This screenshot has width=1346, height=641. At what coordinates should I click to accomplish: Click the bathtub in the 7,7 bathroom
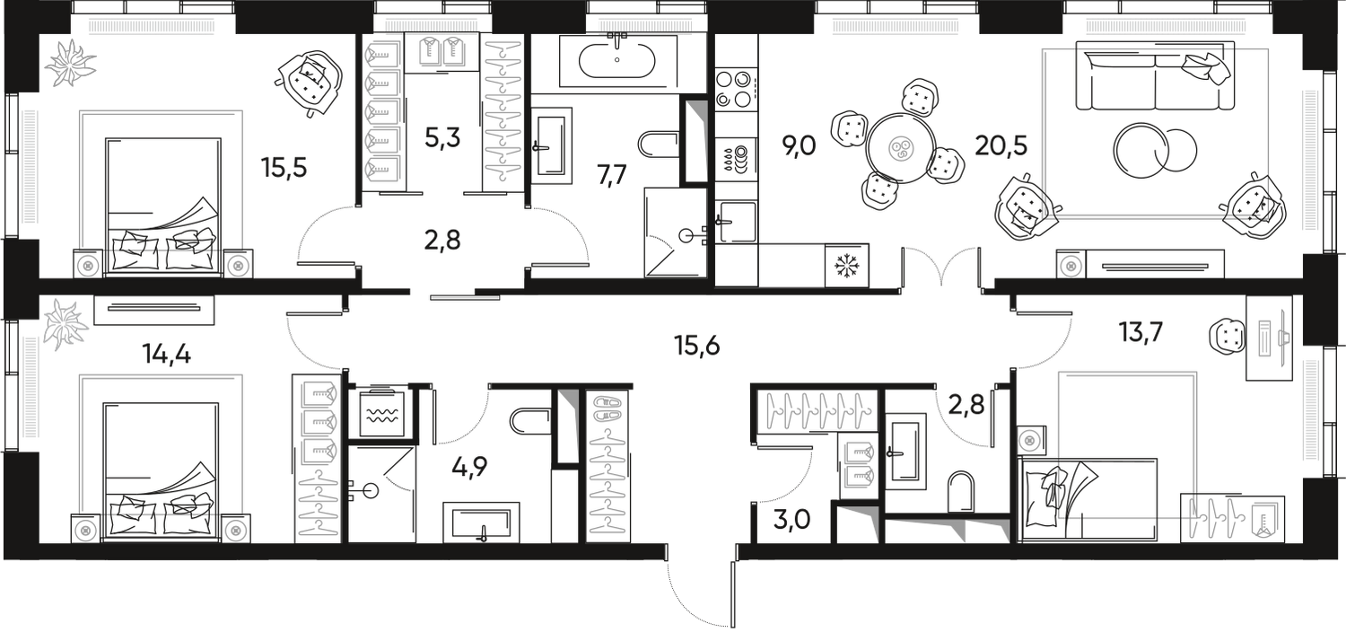pos(617,60)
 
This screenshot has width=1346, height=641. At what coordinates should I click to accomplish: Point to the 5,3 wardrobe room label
pos(441,140)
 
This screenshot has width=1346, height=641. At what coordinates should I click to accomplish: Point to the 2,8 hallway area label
pos(443,243)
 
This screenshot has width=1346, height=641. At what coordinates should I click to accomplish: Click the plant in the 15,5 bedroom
pos(69,62)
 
